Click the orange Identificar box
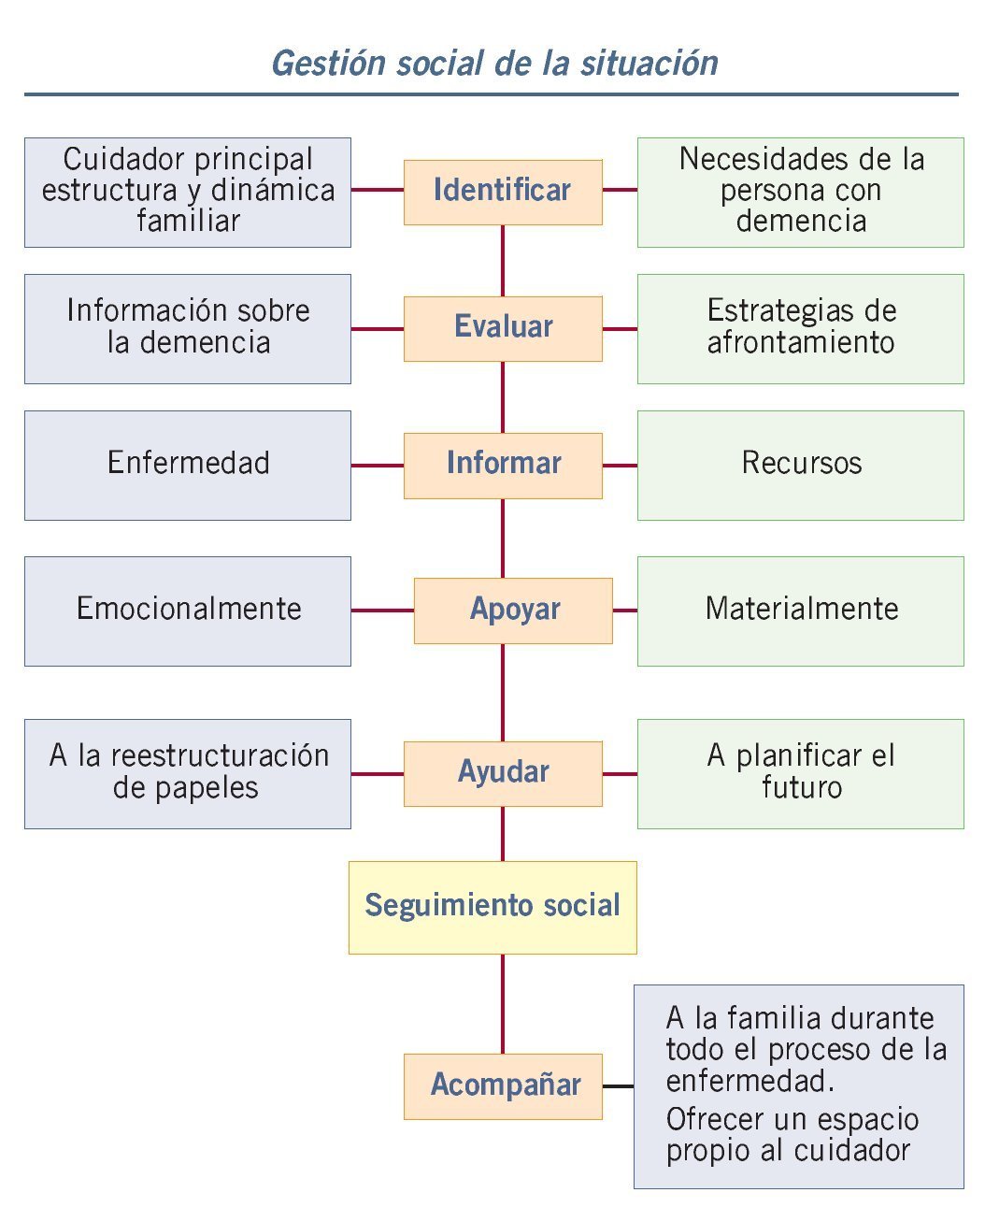click(x=503, y=192)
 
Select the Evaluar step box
click(x=503, y=328)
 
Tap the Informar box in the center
click(x=503, y=465)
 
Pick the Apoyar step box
click(x=513, y=611)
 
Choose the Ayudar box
click(x=503, y=773)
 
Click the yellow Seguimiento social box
click(x=492, y=907)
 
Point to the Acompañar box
click(x=503, y=1085)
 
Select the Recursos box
click(x=801, y=465)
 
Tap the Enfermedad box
click(x=188, y=465)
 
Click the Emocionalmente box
click(x=188, y=611)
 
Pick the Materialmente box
click(x=801, y=611)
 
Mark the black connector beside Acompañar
click(x=618, y=1086)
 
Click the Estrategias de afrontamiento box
click(x=801, y=328)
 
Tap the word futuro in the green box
click(x=802, y=788)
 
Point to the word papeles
click(x=185, y=788)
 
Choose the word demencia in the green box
click(x=801, y=222)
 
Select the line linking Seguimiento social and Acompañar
click(x=503, y=1003)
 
